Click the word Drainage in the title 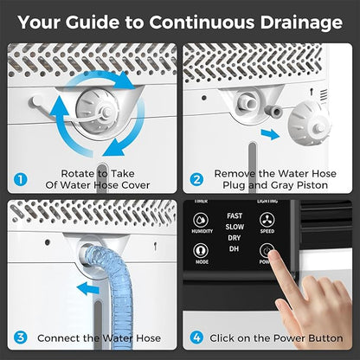301,22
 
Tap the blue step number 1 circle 21,179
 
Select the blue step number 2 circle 196,179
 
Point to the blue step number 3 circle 21,337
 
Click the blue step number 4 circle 196,337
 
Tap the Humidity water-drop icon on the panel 201,220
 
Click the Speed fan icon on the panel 267,220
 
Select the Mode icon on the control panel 201,251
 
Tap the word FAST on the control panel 235,215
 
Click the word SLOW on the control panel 235,227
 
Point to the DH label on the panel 234,248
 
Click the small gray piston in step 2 274,112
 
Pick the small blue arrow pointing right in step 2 270,134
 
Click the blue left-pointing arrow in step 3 88,288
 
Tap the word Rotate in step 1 78,174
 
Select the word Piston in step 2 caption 312,185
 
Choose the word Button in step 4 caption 325,338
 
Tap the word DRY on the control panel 234,238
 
